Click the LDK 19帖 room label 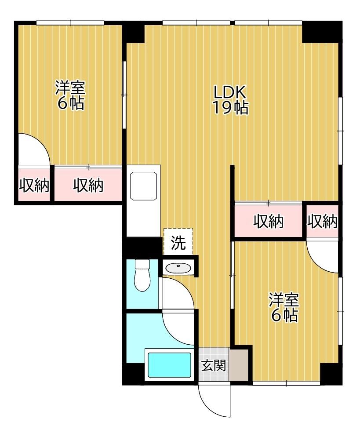(x=230, y=100)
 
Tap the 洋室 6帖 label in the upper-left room (x=70, y=95)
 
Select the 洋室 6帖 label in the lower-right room (x=284, y=307)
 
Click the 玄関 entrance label (x=214, y=365)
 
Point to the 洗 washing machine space (x=178, y=242)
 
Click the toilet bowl (x=142, y=275)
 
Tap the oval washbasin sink (x=178, y=268)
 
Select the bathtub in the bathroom (x=169, y=365)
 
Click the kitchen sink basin (x=143, y=186)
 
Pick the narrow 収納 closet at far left (x=34, y=185)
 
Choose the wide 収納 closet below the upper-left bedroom (x=88, y=185)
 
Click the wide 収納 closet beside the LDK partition (x=268, y=221)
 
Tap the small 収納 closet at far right (x=322, y=221)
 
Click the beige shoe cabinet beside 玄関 (x=238, y=364)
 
